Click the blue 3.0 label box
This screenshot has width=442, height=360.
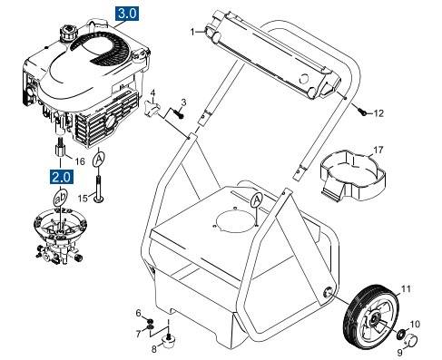coord(127,15)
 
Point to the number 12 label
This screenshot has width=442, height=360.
coord(379,113)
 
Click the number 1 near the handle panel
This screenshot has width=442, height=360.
coord(193,32)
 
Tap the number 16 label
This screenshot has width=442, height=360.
coord(80,161)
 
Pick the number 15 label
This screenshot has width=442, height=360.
coord(82,198)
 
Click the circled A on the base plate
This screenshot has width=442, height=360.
coord(257,199)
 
